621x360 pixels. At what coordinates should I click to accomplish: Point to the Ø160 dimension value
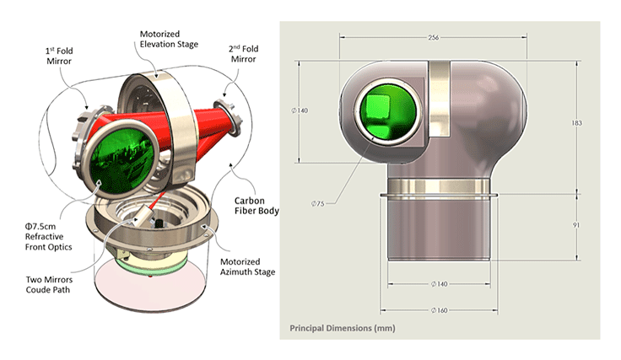437,310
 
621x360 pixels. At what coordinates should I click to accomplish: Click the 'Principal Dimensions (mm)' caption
342,327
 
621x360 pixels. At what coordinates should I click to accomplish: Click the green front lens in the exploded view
122,155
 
